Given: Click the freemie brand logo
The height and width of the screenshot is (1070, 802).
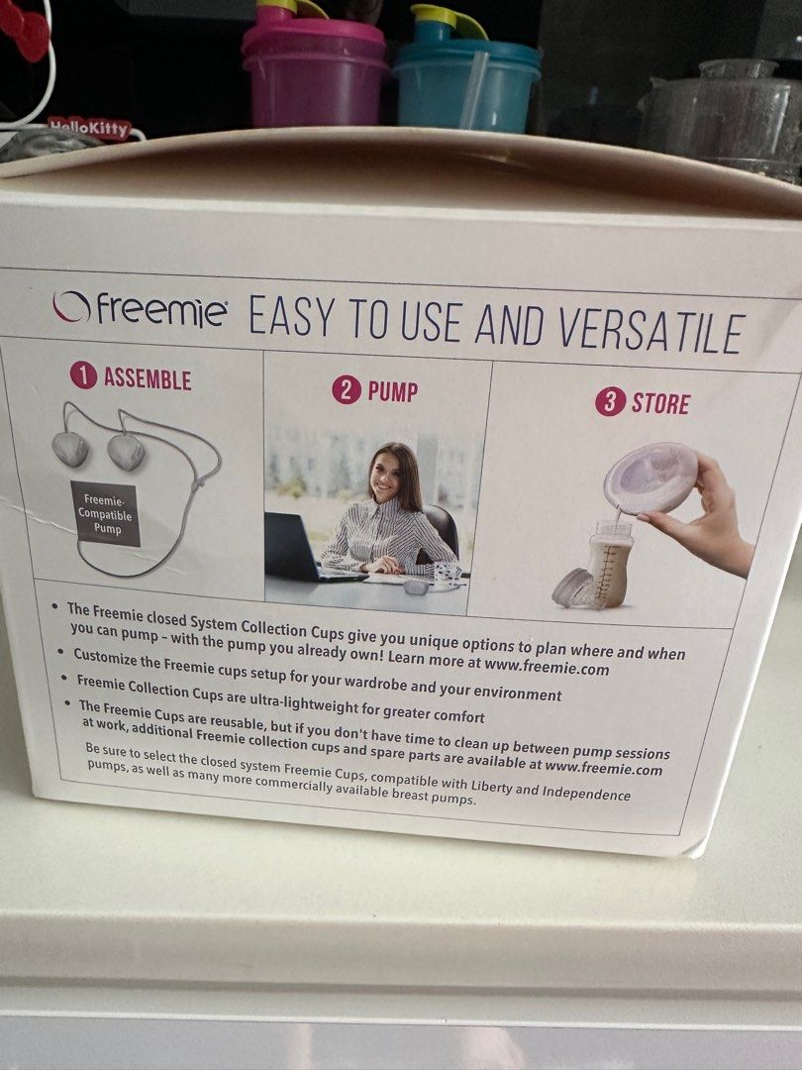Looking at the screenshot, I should pyautogui.click(x=140, y=310).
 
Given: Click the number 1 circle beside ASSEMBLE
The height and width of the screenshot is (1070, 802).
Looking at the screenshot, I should pyautogui.click(x=83, y=376).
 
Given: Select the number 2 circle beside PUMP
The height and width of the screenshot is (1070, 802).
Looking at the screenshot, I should pyautogui.click(x=345, y=389).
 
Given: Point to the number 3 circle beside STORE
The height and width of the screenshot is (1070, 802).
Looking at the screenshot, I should pyautogui.click(x=610, y=402).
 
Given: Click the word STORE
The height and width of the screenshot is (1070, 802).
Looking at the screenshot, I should pyautogui.click(x=660, y=404).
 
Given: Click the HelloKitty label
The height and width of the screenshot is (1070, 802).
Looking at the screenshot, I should pyautogui.click(x=89, y=127).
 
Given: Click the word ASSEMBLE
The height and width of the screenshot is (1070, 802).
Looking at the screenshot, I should pyautogui.click(x=147, y=378).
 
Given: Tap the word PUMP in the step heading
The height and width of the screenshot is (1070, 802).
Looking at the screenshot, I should pyautogui.click(x=392, y=390).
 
